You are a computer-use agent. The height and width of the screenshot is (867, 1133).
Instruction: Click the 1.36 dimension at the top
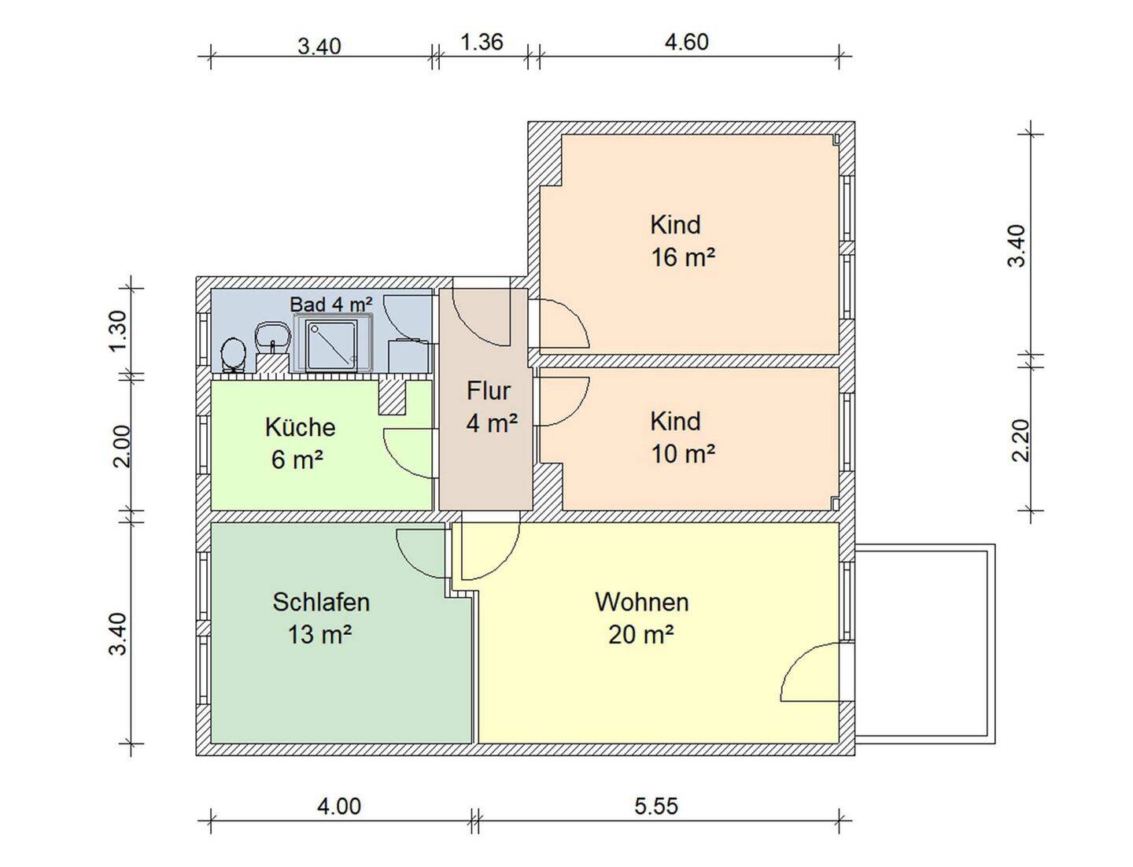481,42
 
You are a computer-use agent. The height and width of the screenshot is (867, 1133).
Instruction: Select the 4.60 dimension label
686,42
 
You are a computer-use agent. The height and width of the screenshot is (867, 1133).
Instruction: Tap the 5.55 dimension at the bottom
656,806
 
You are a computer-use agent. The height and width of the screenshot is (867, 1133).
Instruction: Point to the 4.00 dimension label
338,806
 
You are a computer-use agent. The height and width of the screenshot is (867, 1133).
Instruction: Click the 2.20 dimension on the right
1021,440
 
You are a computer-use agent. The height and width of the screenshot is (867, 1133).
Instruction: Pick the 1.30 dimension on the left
118,330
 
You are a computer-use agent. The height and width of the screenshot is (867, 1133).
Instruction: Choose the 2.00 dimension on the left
121,446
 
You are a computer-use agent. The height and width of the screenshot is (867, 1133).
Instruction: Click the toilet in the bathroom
233,355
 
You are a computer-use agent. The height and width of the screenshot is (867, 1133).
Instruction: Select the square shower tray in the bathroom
331,345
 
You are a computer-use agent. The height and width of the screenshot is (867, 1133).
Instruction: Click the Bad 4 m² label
331,304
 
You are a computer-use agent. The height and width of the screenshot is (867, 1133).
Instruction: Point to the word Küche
300,427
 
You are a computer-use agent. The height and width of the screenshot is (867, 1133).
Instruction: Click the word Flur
489,391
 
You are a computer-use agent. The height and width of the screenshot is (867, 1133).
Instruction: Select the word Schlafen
321,602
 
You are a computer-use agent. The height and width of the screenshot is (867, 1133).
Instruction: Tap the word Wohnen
641,602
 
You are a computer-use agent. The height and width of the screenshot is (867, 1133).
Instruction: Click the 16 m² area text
683,257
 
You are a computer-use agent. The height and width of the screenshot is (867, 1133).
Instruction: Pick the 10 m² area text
683,454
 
